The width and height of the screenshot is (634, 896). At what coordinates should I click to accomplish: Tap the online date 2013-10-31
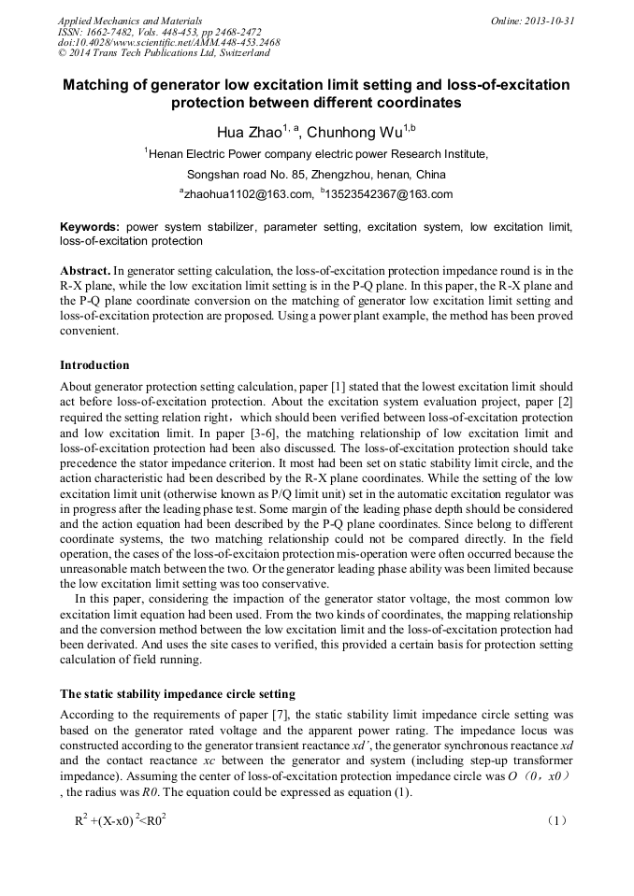[548, 21]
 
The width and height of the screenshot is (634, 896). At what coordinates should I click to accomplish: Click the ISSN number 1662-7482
[116, 32]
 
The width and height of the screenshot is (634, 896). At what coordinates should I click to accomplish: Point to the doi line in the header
[168, 42]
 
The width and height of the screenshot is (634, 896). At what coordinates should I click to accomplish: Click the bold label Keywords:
[90, 227]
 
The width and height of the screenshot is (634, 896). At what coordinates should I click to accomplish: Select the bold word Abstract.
[85, 270]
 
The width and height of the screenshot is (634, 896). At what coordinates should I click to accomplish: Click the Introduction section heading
[94, 364]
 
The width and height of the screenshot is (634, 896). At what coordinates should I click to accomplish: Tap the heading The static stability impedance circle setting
[178, 693]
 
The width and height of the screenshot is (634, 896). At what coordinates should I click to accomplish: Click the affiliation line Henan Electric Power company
[316, 154]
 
